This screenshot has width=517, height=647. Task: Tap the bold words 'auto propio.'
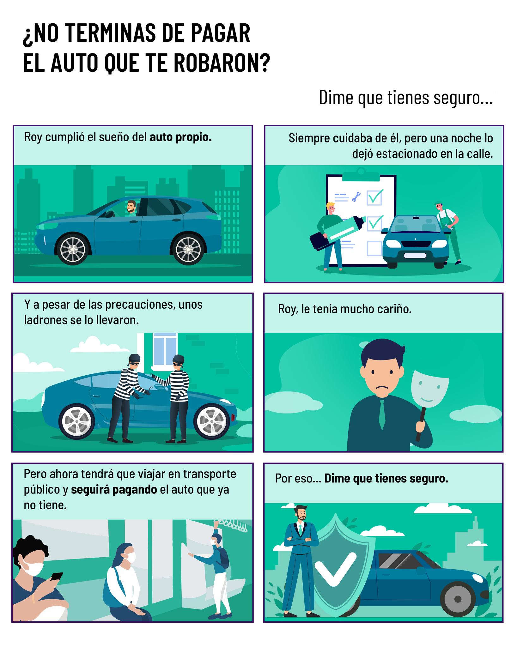[x=180, y=137]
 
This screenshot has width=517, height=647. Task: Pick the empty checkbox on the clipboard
[x=374, y=248]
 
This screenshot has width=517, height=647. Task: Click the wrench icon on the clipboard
[x=356, y=197]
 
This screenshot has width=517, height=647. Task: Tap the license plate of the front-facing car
[x=415, y=256]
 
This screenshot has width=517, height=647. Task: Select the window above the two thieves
[x=165, y=351]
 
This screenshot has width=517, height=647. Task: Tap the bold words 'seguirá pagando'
[x=114, y=490]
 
